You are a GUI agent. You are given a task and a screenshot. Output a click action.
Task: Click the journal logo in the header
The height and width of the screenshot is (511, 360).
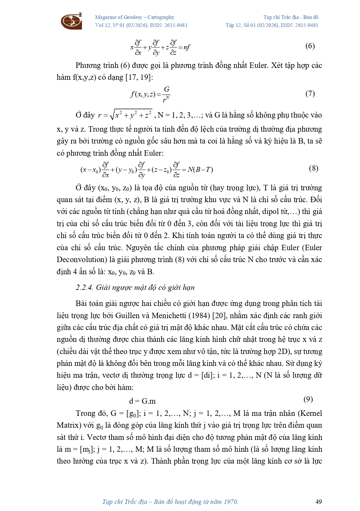71,21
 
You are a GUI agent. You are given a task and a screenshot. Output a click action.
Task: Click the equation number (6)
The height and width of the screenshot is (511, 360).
310,46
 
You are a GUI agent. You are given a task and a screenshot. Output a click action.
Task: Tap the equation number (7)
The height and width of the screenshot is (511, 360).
310,94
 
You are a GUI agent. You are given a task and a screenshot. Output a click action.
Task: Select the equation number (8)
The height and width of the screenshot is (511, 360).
314,169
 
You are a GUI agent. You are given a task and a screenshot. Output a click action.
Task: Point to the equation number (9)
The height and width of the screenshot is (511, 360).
308,399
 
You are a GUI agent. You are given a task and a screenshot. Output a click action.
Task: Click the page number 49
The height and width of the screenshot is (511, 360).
318,502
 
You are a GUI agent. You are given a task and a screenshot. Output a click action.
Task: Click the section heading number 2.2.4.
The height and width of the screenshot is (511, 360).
84,287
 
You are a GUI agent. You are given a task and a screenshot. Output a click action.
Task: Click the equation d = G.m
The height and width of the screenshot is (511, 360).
142,401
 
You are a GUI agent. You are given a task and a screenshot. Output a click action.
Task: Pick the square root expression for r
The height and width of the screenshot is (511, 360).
131,115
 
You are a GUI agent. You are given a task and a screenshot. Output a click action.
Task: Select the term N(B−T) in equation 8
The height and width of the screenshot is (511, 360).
200,169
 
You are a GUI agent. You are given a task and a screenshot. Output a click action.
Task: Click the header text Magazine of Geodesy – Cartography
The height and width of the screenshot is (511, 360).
135,17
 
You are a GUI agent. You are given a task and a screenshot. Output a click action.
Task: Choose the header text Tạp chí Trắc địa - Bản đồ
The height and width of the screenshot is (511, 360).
291,17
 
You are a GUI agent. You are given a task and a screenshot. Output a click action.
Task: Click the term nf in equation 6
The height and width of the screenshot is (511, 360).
187,47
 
